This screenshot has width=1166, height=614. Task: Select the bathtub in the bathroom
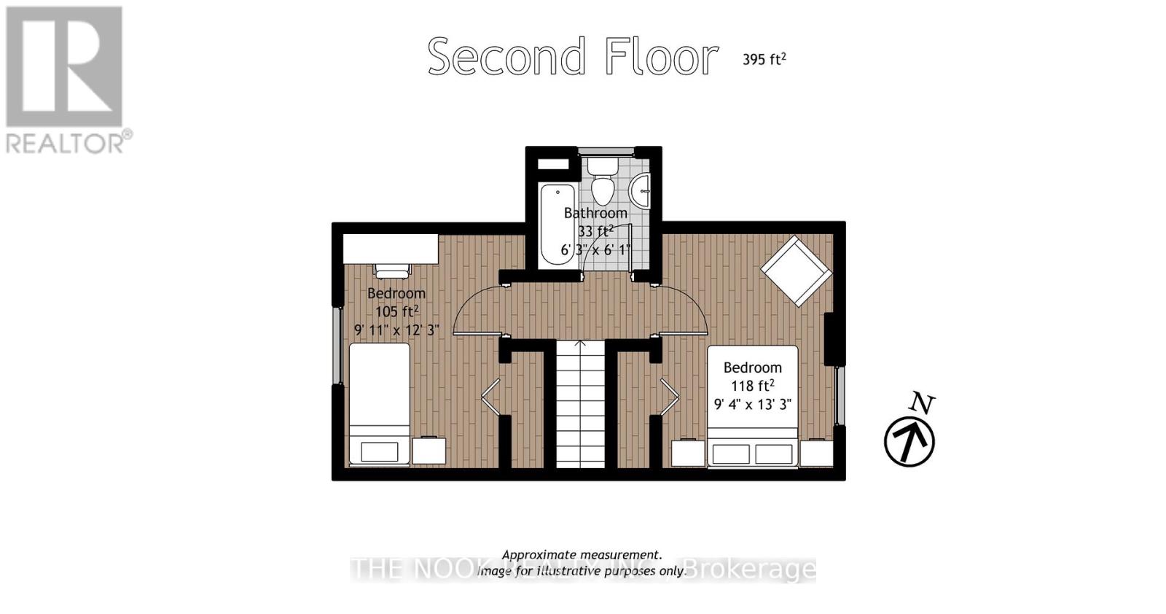pyautogui.click(x=557, y=226)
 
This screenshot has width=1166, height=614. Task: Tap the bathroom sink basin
pyautogui.click(x=641, y=191)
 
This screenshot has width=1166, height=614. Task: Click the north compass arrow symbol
pyautogui.click(x=909, y=440)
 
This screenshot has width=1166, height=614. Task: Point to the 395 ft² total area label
pyautogui.click(x=764, y=59)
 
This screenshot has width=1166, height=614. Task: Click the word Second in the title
pyautogui.click(x=506, y=57)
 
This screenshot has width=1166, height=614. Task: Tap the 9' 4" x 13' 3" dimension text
pyautogui.click(x=752, y=404)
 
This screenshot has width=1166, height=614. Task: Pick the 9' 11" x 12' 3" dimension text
pyautogui.click(x=396, y=330)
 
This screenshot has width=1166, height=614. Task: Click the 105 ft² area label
pyautogui.click(x=396, y=311)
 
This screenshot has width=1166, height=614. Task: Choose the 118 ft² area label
pyautogui.click(x=752, y=386)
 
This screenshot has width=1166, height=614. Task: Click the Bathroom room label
pyautogui.click(x=595, y=213)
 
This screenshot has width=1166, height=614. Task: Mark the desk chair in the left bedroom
pyautogui.click(x=392, y=271)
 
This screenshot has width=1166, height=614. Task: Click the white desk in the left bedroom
pyautogui.click(x=391, y=249)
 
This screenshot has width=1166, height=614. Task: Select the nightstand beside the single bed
pyautogui.click(x=429, y=451)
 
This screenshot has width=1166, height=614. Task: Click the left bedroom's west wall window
pyautogui.click(x=337, y=345)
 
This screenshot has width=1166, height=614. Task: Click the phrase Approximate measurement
pyautogui.click(x=582, y=555)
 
